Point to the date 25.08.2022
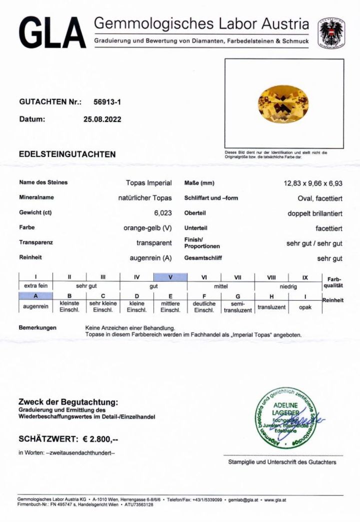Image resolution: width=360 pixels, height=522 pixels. (102, 119)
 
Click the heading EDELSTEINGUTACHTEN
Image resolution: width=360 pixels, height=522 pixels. (67, 154)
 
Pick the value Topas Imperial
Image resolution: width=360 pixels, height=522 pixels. (148, 183)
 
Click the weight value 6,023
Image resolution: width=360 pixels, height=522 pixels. (163, 212)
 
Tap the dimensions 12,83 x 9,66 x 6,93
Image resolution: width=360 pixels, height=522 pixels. (313, 183)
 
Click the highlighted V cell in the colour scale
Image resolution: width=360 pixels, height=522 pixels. (170, 277)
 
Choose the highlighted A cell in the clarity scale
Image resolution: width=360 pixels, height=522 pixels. (36, 296)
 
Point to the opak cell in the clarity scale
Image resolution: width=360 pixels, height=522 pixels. (305, 307)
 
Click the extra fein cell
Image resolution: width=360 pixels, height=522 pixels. (36, 286)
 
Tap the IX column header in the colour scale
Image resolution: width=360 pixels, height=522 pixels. (305, 277)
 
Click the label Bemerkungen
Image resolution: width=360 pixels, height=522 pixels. (37, 327)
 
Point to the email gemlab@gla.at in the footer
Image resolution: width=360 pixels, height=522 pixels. (243, 499)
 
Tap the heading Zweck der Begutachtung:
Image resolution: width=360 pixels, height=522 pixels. (68, 402)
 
